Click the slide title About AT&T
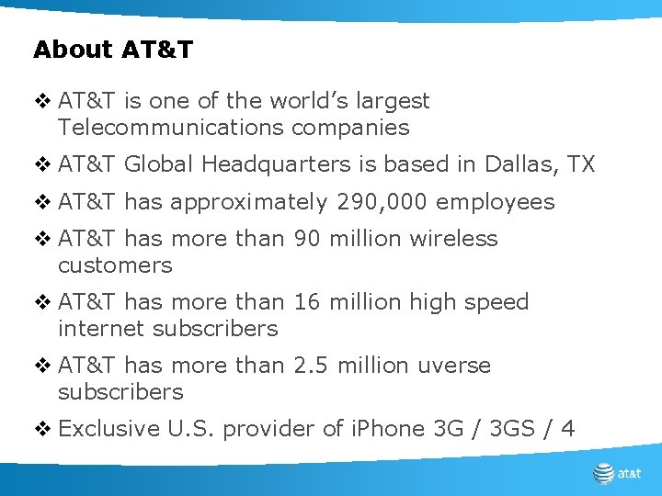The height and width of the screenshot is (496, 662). pos(113,50)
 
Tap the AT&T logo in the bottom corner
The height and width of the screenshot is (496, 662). pos(617,474)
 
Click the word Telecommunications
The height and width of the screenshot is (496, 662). pos(171,128)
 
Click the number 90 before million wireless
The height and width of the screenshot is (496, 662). pos(307,239)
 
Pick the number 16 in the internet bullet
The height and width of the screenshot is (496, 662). pos(306,302)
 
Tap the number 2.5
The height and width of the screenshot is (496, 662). pos(312,366)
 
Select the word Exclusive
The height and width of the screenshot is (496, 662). pos(109,428)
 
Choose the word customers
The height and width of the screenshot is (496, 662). pos(115,265)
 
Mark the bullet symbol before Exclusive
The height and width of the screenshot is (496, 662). pos(40,428)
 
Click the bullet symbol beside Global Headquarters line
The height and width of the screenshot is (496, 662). pos(40,165)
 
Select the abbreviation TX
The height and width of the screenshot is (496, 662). pos(581,164)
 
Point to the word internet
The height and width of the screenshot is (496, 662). pos(102,328)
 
